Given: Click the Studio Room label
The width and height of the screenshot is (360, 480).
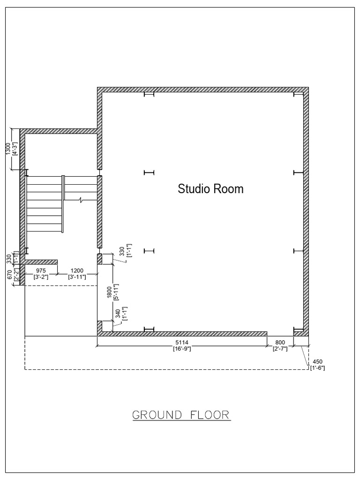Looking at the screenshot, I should click(x=210, y=189).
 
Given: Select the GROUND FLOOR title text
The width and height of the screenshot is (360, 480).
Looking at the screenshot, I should click(x=181, y=415).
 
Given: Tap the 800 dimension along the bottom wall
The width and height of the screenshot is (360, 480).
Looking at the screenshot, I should click(x=280, y=343).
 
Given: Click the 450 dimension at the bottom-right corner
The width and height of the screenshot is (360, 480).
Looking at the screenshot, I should click(x=317, y=361).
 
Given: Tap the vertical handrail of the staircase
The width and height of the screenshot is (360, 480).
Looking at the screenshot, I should click(x=62, y=203).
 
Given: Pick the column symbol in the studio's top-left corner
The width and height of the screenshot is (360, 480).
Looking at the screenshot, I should click(x=149, y=95).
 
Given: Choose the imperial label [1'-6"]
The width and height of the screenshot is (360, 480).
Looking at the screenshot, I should click(x=317, y=367).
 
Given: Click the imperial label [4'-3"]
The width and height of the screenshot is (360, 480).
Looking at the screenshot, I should click(x=15, y=149).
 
